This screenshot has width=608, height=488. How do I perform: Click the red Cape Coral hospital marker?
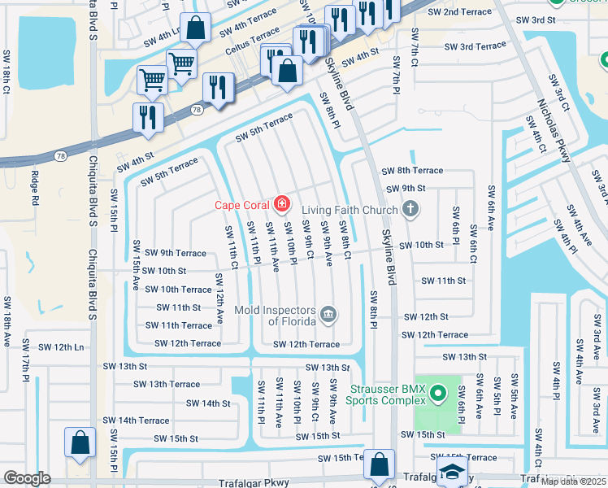(x=281, y=203)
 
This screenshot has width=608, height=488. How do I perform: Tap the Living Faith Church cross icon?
(x=410, y=210)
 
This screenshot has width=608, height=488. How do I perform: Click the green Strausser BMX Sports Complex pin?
(x=438, y=394)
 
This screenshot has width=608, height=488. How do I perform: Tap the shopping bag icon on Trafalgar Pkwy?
(x=379, y=464)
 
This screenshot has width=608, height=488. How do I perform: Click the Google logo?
(x=27, y=478)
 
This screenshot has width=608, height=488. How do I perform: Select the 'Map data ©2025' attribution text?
(x=573, y=481)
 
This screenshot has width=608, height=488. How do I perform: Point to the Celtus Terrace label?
(x=253, y=38)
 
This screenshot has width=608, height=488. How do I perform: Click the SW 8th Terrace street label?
(x=412, y=171)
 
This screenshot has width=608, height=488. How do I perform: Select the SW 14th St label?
(x=208, y=403)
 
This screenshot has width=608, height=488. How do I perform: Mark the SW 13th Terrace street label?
(x=167, y=384)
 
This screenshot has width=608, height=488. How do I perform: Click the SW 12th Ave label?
(x=219, y=299)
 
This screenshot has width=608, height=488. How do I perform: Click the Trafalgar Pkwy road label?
(x=254, y=482)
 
